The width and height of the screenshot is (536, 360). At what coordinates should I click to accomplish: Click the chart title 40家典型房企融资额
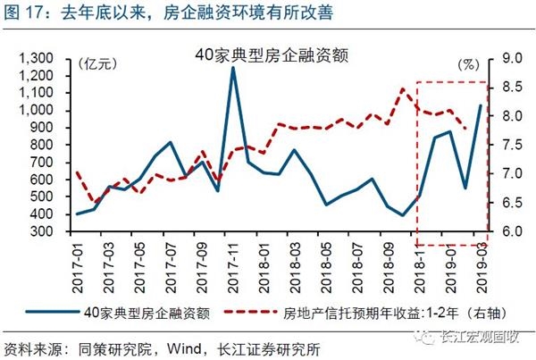271,54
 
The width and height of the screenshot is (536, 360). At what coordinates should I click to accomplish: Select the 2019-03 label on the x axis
483,258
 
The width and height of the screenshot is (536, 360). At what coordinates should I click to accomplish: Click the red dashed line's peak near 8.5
403,88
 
